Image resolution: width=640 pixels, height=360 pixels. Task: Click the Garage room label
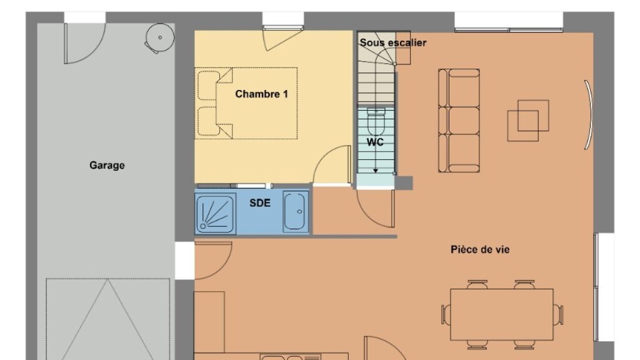tap(107, 165)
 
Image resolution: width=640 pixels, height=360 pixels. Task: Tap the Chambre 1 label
tap(262, 94)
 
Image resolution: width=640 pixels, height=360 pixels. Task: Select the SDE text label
tap(260, 203)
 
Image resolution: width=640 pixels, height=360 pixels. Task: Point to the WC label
tap(375, 142)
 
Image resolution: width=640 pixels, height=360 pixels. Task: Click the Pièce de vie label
tap(480, 249)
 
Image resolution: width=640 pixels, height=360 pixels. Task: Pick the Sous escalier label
tap(393, 42)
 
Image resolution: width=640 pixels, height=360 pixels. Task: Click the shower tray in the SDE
tap(215, 214)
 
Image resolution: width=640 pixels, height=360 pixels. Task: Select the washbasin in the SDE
tap(295, 211)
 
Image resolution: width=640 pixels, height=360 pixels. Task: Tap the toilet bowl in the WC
tap(376, 122)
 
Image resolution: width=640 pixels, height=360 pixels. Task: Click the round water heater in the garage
tap(160, 37)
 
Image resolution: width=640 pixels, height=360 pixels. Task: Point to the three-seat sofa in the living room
tap(459, 121)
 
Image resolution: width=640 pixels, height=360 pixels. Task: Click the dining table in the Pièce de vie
tap(502, 314)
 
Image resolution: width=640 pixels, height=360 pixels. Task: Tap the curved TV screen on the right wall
tap(589, 114)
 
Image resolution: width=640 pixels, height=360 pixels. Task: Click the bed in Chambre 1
tap(246, 103)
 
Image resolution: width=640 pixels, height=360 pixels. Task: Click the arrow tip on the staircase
tap(376, 171)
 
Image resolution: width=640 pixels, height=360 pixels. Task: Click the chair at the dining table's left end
tap(446, 315)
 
